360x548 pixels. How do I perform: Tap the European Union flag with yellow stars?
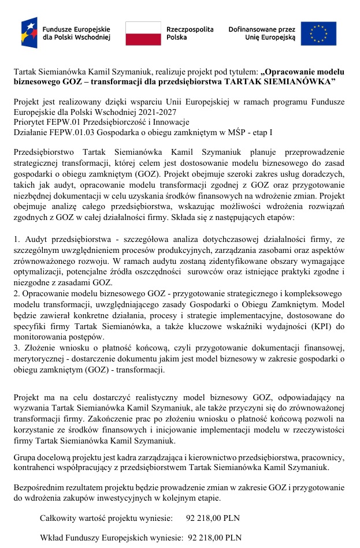322,33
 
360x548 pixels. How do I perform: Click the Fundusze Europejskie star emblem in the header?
29,32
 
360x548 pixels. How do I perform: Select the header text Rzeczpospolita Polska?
190,33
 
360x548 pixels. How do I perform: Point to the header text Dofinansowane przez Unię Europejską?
262,33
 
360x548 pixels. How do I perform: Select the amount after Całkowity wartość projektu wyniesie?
213,518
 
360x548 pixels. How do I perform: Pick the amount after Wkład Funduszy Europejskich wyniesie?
215,538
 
